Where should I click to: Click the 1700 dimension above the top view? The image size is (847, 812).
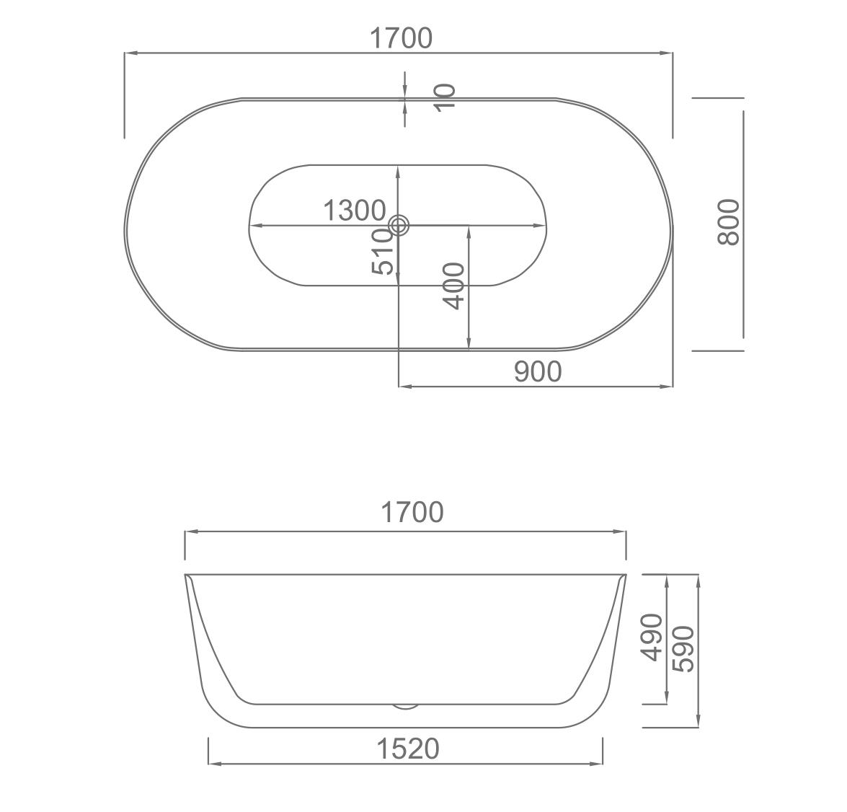(x=401, y=38)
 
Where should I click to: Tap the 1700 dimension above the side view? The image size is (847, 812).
(x=412, y=511)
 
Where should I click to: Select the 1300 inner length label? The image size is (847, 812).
(x=355, y=210)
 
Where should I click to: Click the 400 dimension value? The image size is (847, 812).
(x=453, y=286)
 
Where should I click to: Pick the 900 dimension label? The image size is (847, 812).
(x=538, y=371)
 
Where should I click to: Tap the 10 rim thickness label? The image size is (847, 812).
(x=445, y=98)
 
